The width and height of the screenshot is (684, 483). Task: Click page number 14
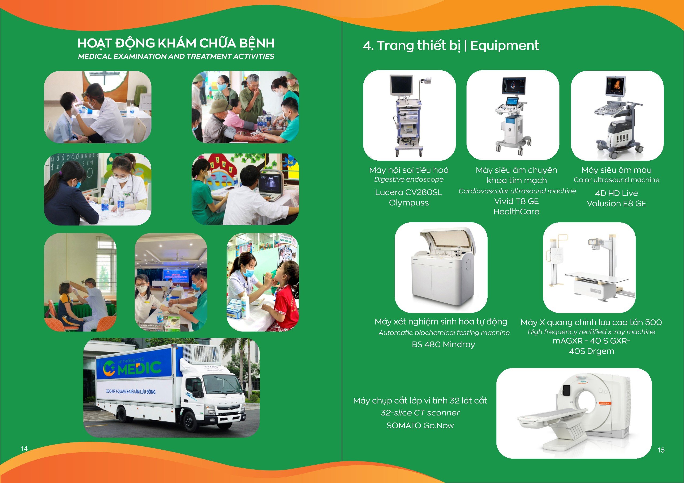coord(24,449)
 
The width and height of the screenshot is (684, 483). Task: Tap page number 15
coord(661,450)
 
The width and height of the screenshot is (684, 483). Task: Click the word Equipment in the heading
coord(504,46)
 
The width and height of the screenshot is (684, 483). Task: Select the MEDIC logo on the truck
coord(132,367)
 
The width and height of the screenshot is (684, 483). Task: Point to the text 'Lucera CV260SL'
coord(409,192)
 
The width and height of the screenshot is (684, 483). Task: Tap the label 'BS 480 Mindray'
coord(443,344)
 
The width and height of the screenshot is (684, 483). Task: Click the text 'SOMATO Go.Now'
coord(420,425)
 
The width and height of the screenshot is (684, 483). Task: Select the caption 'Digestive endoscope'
coord(409,179)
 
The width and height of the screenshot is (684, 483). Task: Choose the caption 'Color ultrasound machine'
coord(616,180)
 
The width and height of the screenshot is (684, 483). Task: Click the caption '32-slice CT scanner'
coord(420,413)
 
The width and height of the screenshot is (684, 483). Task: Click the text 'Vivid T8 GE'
coord(516,201)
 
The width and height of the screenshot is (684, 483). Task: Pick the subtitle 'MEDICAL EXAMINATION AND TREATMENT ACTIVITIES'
coord(176,57)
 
